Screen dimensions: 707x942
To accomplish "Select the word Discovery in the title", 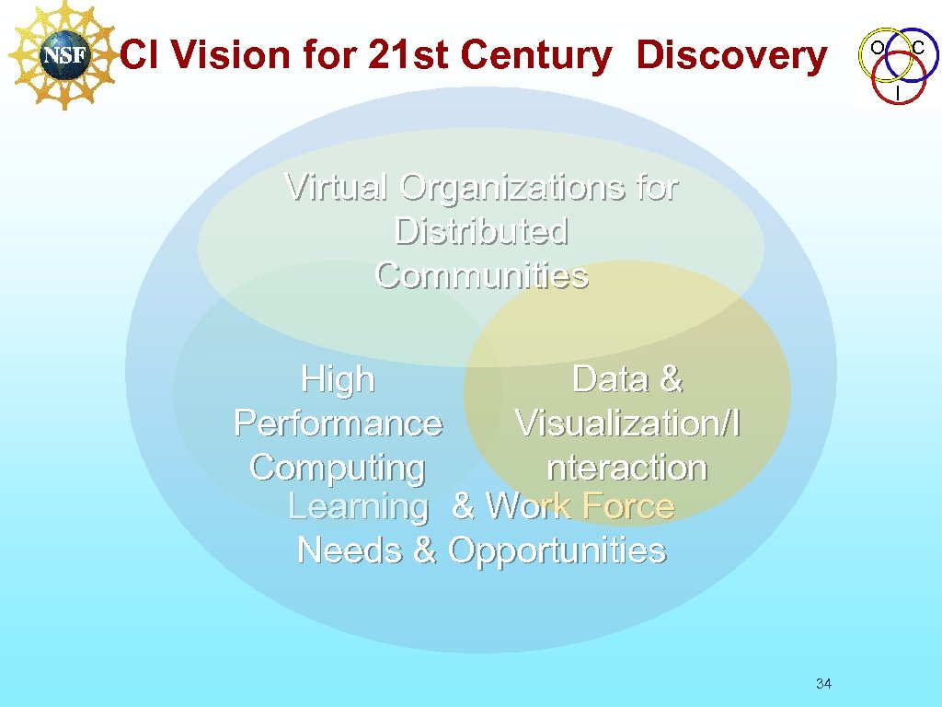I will (731, 56).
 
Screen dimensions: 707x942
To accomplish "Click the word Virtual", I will (337, 187).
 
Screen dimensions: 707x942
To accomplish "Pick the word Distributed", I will (481, 231).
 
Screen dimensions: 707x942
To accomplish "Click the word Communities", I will (481, 275).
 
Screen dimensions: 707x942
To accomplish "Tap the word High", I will (338, 379).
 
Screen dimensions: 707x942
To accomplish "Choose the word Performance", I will (338, 423).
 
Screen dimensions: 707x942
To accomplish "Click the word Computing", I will (338, 468).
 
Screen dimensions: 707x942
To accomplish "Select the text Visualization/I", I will (627, 423).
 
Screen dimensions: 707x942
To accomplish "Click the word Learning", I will (359, 506).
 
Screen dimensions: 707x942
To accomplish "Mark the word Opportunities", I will (556, 551).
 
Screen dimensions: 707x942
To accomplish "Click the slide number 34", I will (823, 683).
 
